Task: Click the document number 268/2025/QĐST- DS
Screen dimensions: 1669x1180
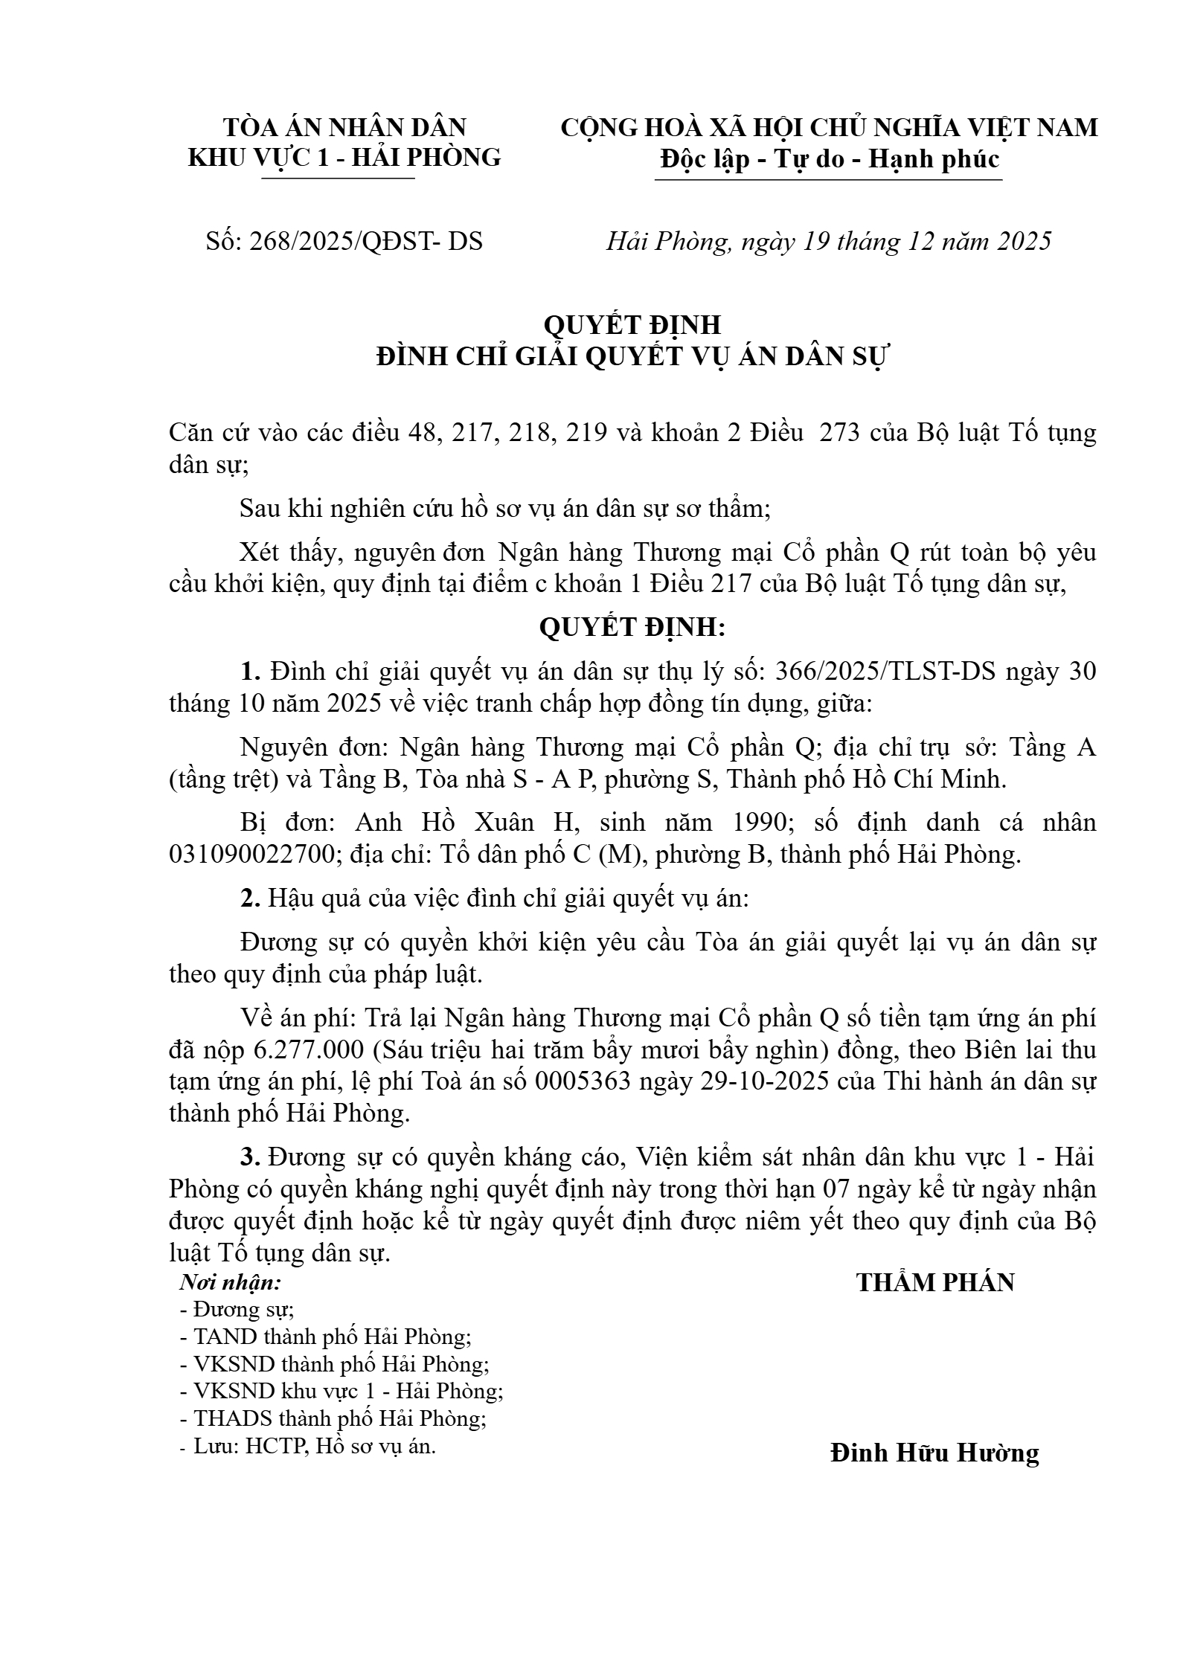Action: [x=344, y=242]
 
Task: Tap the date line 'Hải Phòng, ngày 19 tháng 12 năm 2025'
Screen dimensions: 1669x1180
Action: [x=828, y=242]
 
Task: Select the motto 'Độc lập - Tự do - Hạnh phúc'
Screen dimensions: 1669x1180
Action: [x=829, y=159]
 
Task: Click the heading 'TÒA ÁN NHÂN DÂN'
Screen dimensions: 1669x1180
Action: [x=344, y=128]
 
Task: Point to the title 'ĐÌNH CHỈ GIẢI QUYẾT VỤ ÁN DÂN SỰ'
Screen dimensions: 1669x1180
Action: [x=632, y=358]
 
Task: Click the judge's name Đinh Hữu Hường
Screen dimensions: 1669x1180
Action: [x=934, y=1453]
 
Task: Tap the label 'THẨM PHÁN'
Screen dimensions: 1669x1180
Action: [x=935, y=1282]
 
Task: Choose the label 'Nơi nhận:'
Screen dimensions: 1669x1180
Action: [x=231, y=1283]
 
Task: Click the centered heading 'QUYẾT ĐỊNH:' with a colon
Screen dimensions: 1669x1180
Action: [x=632, y=628]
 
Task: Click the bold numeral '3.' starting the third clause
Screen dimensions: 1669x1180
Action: [x=250, y=1157]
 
